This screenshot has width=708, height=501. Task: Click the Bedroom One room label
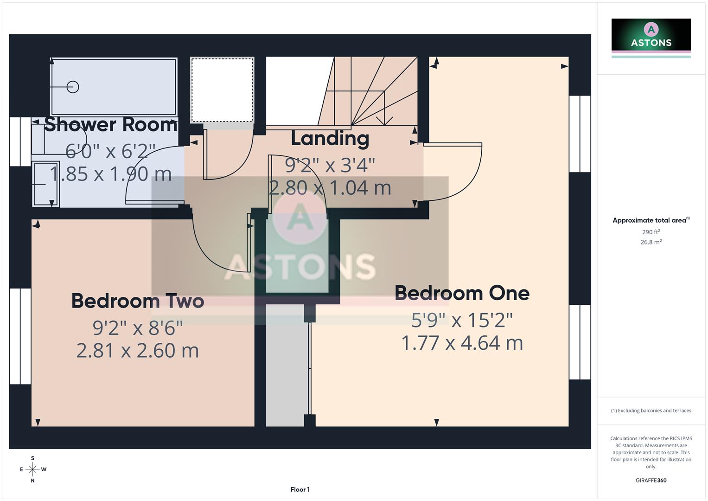click(462, 293)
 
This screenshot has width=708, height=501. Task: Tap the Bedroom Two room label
click(138, 301)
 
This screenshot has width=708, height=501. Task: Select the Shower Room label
click(111, 125)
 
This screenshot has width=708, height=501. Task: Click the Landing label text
click(330, 138)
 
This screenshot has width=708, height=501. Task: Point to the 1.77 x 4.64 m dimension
click(462, 343)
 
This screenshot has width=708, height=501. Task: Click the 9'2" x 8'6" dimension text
click(138, 328)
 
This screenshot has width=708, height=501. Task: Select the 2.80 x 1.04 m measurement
click(330, 188)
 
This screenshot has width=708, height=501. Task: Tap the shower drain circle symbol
click(73, 87)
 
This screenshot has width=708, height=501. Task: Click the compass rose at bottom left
click(32, 469)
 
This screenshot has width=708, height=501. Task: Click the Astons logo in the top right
click(651, 35)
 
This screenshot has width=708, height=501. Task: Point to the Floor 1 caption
click(300, 489)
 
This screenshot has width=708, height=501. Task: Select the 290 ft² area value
click(651, 232)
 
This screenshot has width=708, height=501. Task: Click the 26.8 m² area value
click(651, 242)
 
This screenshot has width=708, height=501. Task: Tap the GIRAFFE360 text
click(651, 481)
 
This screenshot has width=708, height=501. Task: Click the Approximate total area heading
click(651, 220)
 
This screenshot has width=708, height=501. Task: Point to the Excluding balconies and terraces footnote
click(651, 411)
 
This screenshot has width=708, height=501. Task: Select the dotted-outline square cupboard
click(222, 90)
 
